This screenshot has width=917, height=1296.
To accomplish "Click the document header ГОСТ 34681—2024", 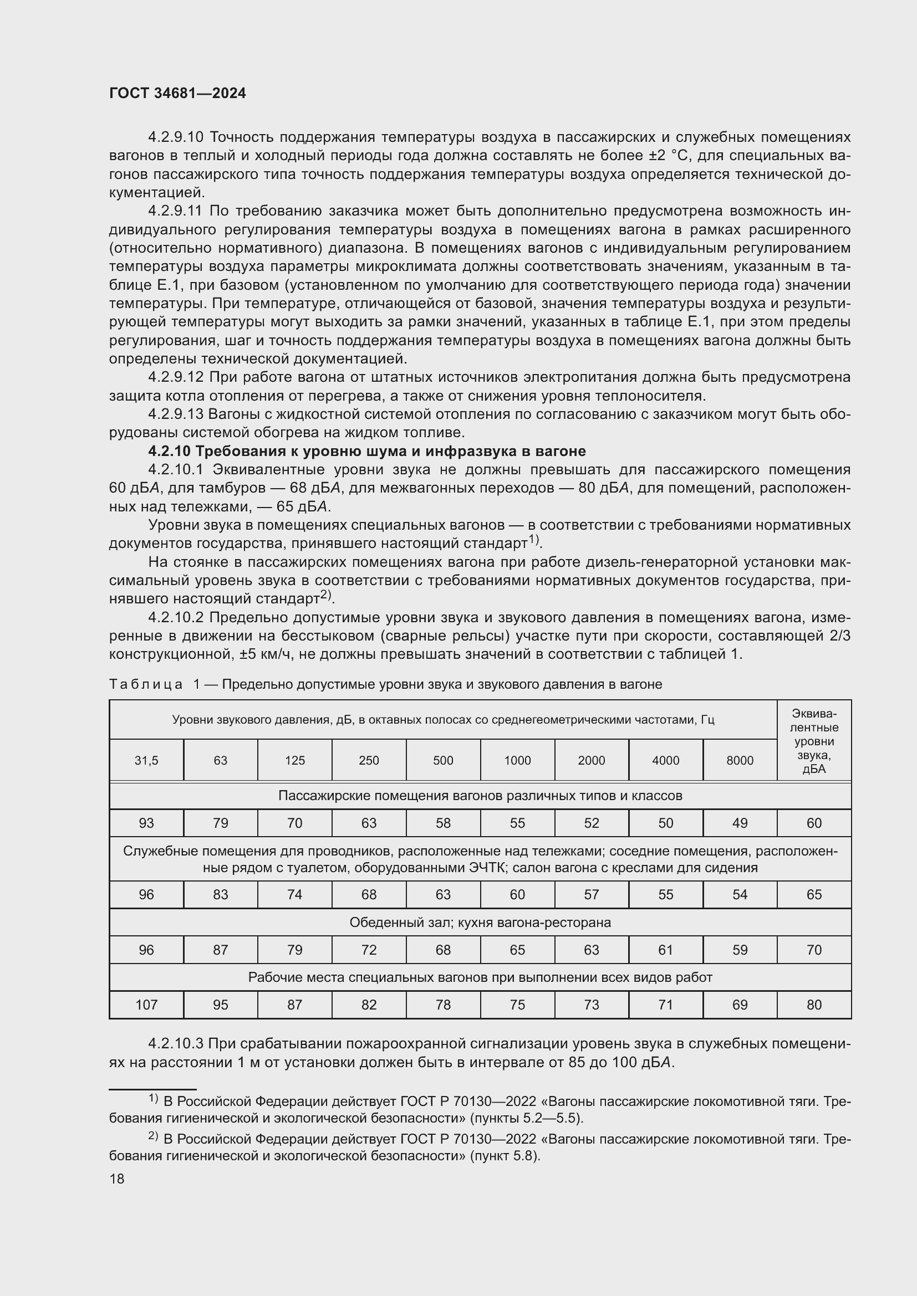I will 177,94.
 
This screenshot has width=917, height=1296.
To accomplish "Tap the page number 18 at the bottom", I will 117,1179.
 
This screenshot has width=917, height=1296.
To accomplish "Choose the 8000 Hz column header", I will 740,760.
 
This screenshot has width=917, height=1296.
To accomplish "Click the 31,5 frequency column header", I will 146,760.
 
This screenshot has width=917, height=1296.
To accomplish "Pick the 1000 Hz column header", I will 517,760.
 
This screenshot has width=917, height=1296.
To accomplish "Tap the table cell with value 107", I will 146,1005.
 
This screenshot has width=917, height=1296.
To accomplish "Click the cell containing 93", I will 146,823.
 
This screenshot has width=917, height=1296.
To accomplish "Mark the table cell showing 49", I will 740,823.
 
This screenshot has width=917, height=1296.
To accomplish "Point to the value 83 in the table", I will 220,895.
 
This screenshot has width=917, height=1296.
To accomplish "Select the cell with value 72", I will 369,950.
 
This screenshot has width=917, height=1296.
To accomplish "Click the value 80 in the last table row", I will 814,1005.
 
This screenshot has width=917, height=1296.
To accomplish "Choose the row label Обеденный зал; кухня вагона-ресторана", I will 480,923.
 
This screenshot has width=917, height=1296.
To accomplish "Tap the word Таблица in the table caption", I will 146,685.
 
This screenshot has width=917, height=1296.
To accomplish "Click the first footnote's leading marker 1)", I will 154,1098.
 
